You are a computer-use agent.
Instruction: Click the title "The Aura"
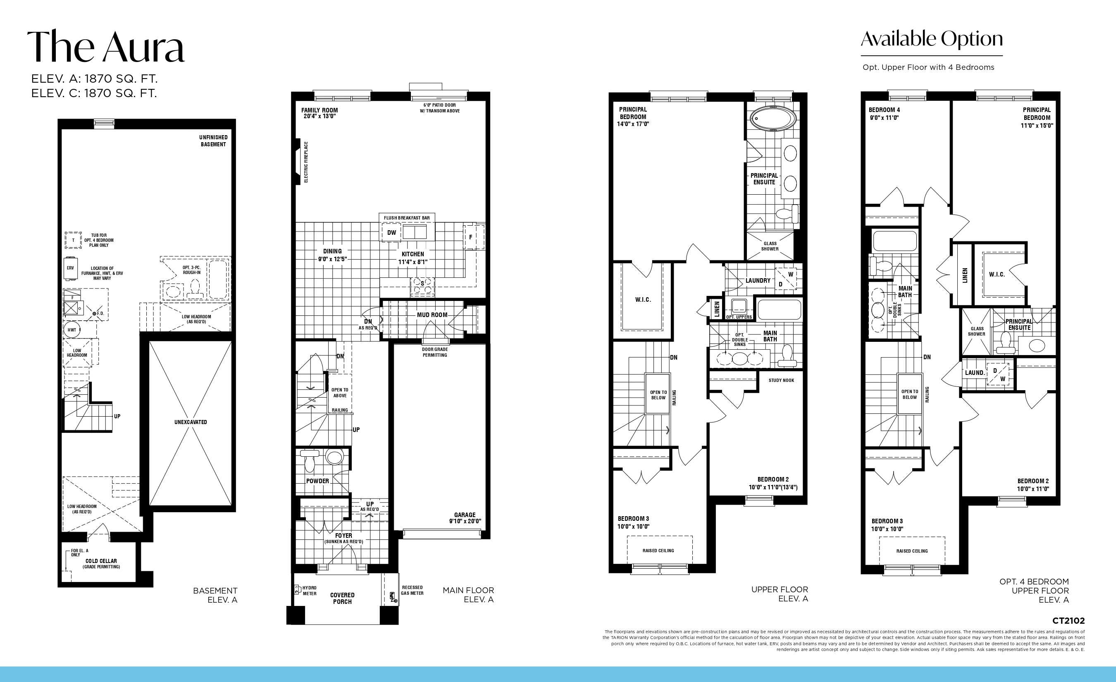click(106, 46)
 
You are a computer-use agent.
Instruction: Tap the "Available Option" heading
click(932, 39)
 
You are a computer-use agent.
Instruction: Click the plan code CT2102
click(1068, 620)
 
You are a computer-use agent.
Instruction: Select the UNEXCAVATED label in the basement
click(191, 422)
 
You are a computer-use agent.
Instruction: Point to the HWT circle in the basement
click(72, 330)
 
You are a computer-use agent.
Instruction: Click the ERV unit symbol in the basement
click(71, 268)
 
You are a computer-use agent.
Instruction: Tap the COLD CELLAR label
click(101, 561)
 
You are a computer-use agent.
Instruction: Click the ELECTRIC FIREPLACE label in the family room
click(306, 162)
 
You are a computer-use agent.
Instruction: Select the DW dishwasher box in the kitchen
click(391, 233)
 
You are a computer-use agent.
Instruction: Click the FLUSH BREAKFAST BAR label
click(407, 218)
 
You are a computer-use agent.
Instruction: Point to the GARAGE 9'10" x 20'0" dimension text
click(465, 518)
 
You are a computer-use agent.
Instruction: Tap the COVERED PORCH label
click(342, 598)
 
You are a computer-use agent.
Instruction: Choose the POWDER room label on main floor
click(317, 481)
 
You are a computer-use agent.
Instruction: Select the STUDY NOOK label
click(781, 380)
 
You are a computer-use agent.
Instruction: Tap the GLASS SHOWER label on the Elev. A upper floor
click(770, 246)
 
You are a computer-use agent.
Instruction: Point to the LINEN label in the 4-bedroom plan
click(965, 275)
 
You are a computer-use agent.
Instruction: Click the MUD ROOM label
click(432, 315)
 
